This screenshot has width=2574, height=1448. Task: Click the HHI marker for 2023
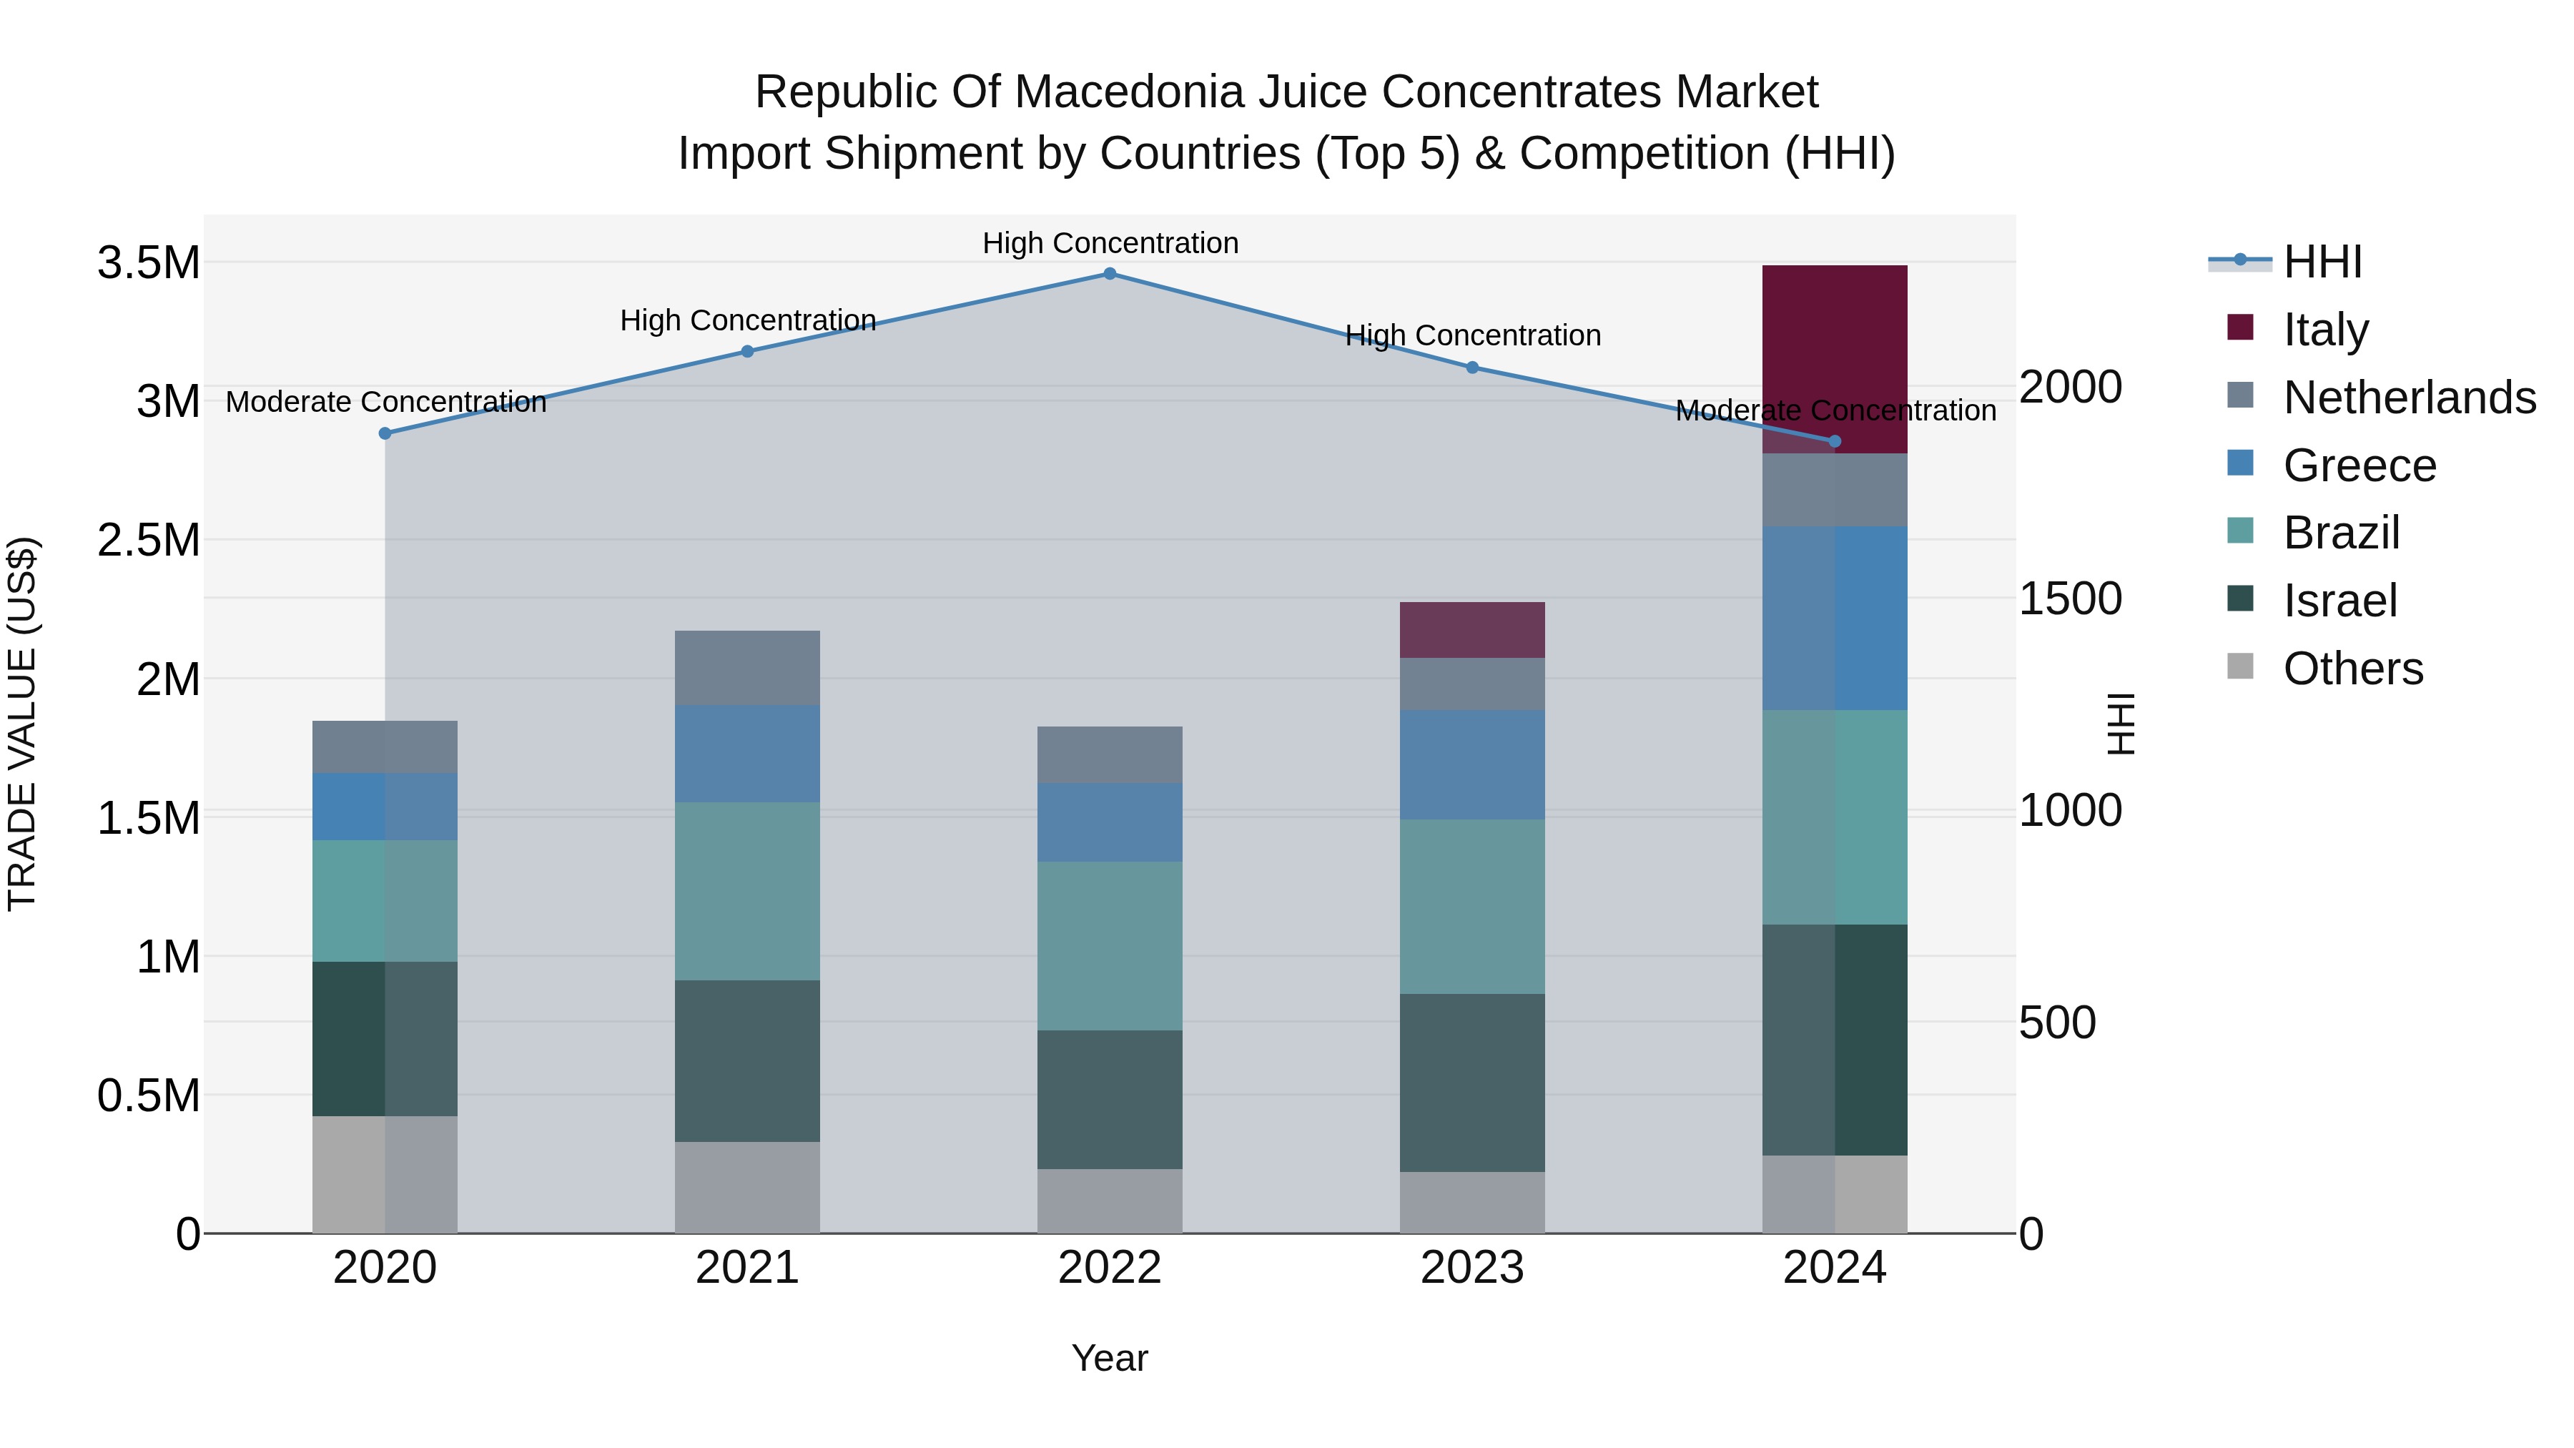pyautogui.click(x=1472, y=368)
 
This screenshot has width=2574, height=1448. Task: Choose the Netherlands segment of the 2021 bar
pyautogui.click(x=746, y=668)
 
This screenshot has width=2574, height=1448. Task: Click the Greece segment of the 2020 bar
pyautogui.click(x=385, y=807)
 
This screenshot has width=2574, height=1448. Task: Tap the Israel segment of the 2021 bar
pyautogui.click(x=746, y=1060)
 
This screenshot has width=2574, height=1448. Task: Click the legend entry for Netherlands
pyautogui.click(x=2408, y=398)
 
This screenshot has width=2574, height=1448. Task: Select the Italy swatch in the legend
pyautogui.click(x=2240, y=327)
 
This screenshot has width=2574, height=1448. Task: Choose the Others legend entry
pyautogui.click(x=2352, y=669)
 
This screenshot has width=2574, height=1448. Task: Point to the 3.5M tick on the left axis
pyautogui.click(x=148, y=263)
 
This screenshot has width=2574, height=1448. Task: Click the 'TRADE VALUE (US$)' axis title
pyautogui.click(x=22, y=724)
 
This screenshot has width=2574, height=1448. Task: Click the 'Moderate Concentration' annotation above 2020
pyautogui.click(x=385, y=402)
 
